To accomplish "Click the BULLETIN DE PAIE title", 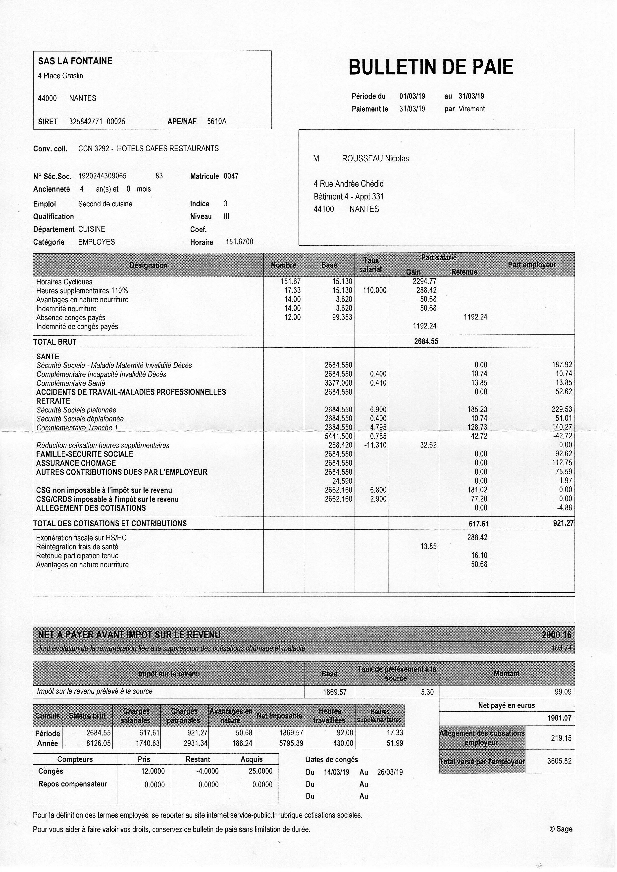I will tap(431, 67).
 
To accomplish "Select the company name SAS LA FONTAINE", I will tap(75, 61).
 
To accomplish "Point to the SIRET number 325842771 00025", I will tap(97, 122).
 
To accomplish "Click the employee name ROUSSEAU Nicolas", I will tap(375, 159).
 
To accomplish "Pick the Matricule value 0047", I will tap(231, 176).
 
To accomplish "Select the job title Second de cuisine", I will tap(105, 204).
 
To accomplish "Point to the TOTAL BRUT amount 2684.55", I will tap(426, 341).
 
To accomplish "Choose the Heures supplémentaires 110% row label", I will tap(82, 291).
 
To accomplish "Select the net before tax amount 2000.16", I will tap(556, 635).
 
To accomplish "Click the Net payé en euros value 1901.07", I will tap(559, 718).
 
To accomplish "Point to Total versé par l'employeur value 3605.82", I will tap(559, 761).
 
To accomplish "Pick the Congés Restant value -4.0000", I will tap(208, 771).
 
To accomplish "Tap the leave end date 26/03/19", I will tap(390, 772).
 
